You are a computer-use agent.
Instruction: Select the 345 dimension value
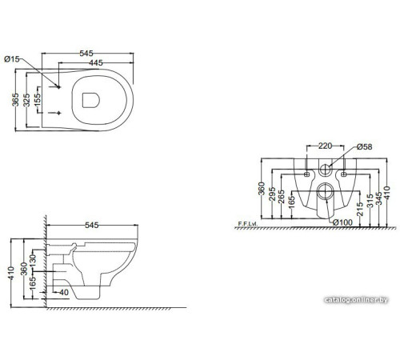point(378,197)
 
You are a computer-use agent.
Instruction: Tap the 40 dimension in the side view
point(62,293)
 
